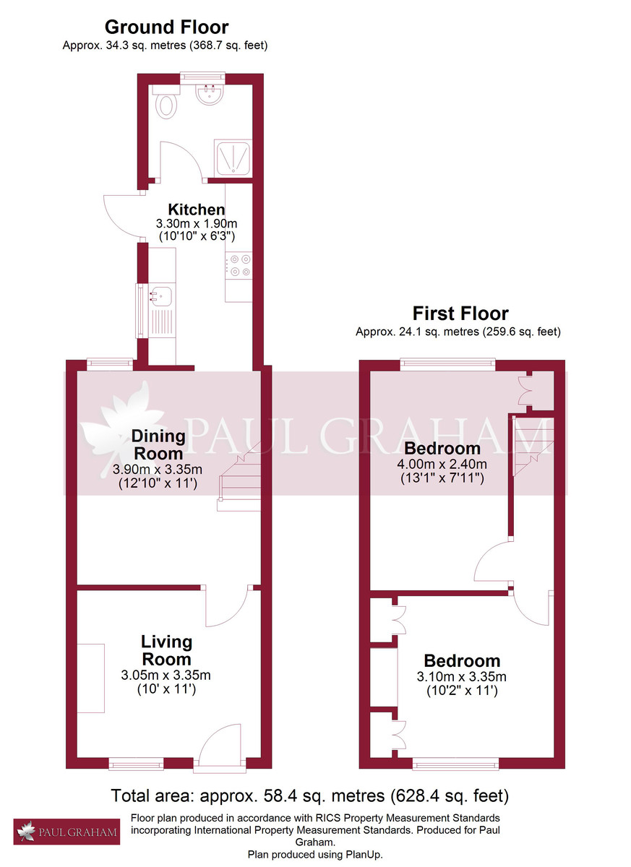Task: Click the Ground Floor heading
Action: [166, 27]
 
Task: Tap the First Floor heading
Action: [460, 314]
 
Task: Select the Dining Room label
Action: [158, 445]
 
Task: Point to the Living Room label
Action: [166, 650]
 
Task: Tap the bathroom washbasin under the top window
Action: [211, 93]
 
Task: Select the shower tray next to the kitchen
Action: [233, 158]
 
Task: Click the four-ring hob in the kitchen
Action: [238, 264]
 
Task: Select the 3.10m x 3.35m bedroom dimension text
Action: [462, 677]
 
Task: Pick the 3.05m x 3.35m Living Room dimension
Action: [166, 676]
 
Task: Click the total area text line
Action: [309, 796]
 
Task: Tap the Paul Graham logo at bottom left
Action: [66, 832]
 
